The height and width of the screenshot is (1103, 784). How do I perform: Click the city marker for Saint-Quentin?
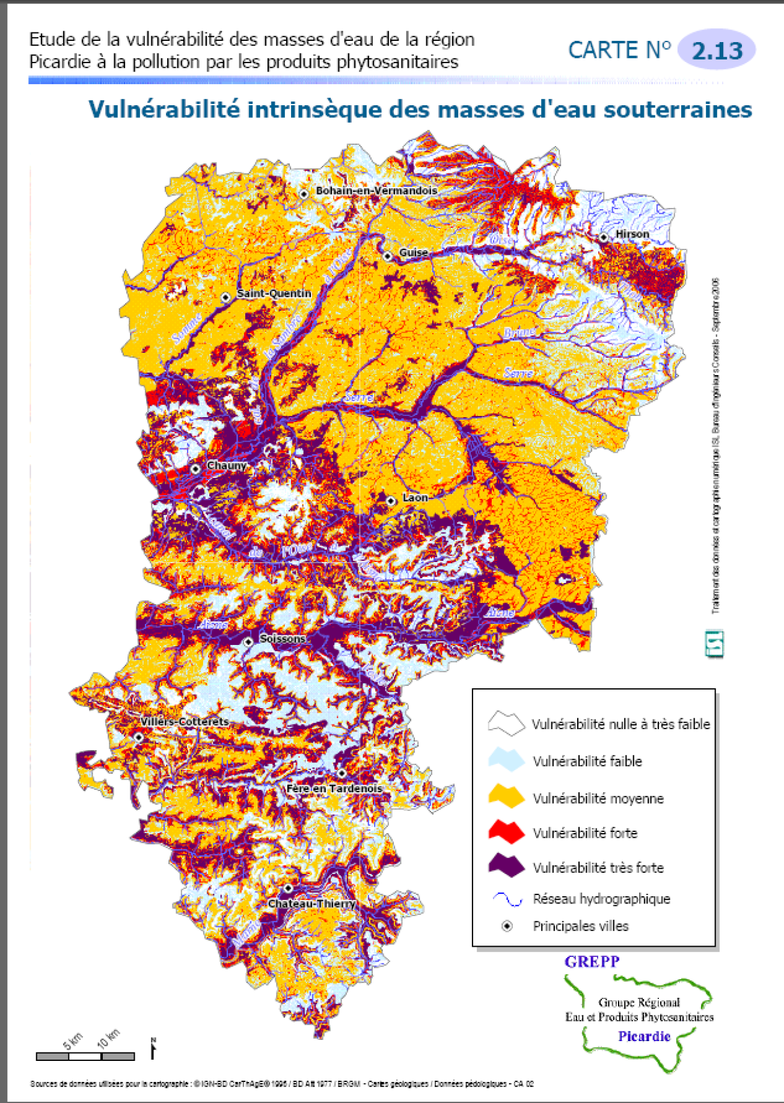pyautogui.click(x=225, y=297)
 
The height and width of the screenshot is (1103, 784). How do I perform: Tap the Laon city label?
pyautogui.click(x=415, y=498)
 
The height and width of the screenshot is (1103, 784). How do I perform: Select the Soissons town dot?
pyautogui.click(x=248, y=642)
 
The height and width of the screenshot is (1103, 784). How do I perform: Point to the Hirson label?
pyautogui.click(x=632, y=234)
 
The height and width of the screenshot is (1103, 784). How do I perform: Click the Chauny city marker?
pyautogui.click(x=196, y=469)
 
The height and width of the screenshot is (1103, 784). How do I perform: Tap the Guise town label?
pyautogui.click(x=414, y=252)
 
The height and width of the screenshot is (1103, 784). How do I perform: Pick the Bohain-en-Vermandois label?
pyautogui.click(x=376, y=191)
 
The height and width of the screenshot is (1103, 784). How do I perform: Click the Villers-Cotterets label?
pyautogui.click(x=185, y=721)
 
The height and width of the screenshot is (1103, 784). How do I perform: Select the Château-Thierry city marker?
pyautogui.click(x=288, y=888)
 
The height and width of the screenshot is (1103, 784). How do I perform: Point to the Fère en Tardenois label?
pyautogui.click(x=334, y=788)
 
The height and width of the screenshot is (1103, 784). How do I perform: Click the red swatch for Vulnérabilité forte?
pyautogui.click(x=507, y=832)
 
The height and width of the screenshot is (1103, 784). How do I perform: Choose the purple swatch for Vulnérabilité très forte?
pyautogui.click(x=507, y=866)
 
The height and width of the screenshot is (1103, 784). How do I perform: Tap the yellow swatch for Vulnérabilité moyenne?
pyautogui.click(x=507, y=797)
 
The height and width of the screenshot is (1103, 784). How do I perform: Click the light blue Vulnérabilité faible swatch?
pyautogui.click(x=507, y=760)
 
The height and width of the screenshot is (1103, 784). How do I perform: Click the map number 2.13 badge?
pyautogui.click(x=717, y=50)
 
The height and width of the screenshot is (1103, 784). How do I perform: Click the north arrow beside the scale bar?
pyautogui.click(x=153, y=1048)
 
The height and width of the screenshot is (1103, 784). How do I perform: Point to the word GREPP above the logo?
pyautogui.click(x=592, y=962)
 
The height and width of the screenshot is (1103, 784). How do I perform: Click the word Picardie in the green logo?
pyautogui.click(x=644, y=1036)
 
